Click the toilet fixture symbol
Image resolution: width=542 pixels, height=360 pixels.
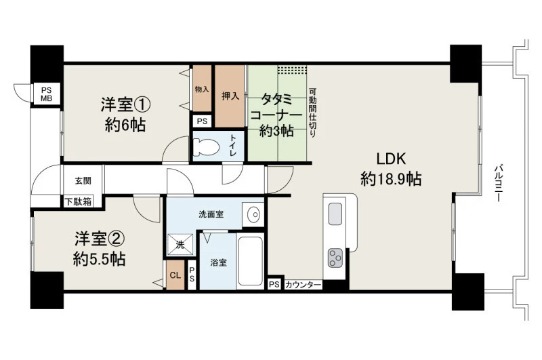206,146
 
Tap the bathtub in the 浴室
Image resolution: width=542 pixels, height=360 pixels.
250,261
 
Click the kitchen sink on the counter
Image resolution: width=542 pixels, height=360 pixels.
335,214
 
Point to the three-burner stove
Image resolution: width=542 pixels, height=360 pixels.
335,258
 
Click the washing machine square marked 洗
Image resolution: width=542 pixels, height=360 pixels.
180,245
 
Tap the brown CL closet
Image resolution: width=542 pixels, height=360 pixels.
175,275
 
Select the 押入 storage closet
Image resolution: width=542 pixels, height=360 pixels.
230,96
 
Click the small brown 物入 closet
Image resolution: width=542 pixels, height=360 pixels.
202,89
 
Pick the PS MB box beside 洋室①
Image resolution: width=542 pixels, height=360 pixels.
47,94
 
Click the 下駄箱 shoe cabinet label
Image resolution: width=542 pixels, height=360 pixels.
79,202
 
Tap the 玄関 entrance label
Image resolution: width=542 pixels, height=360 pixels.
83,180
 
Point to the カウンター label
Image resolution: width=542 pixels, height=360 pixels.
303,285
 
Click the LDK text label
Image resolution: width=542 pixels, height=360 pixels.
391,159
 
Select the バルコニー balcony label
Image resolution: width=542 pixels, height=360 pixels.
498,182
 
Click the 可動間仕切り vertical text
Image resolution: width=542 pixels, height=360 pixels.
312,113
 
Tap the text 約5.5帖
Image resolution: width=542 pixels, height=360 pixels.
99,259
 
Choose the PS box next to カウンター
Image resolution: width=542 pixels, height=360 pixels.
274,285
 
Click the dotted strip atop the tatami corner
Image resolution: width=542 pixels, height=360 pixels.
292,70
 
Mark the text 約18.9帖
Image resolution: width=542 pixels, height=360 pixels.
391,179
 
